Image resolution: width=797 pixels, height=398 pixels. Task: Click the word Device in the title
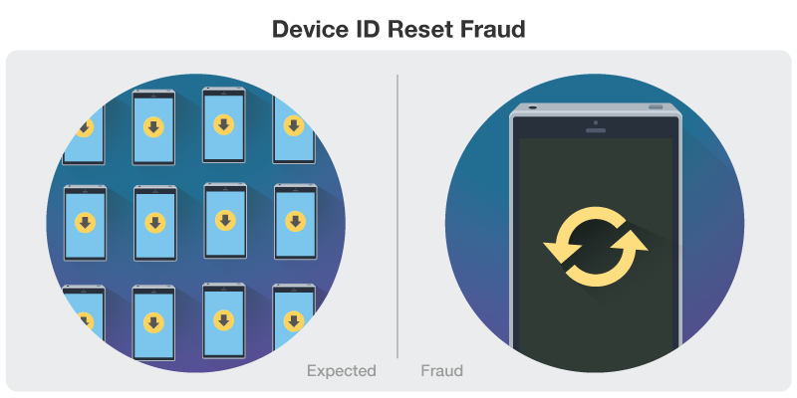point(307,31)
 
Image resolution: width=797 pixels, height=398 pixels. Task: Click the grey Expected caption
point(341,371)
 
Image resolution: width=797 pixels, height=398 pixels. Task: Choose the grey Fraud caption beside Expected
point(441,371)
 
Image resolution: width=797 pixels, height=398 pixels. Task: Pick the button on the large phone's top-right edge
point(655,106)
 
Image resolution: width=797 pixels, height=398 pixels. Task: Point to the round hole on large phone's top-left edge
point(532,106)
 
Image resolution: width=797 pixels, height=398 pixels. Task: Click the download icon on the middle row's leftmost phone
point(85,222)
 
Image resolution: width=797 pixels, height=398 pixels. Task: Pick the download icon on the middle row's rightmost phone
point(295,220)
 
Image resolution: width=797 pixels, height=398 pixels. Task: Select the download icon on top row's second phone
point(153,126)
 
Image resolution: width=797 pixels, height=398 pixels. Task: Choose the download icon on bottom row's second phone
point(153,322)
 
